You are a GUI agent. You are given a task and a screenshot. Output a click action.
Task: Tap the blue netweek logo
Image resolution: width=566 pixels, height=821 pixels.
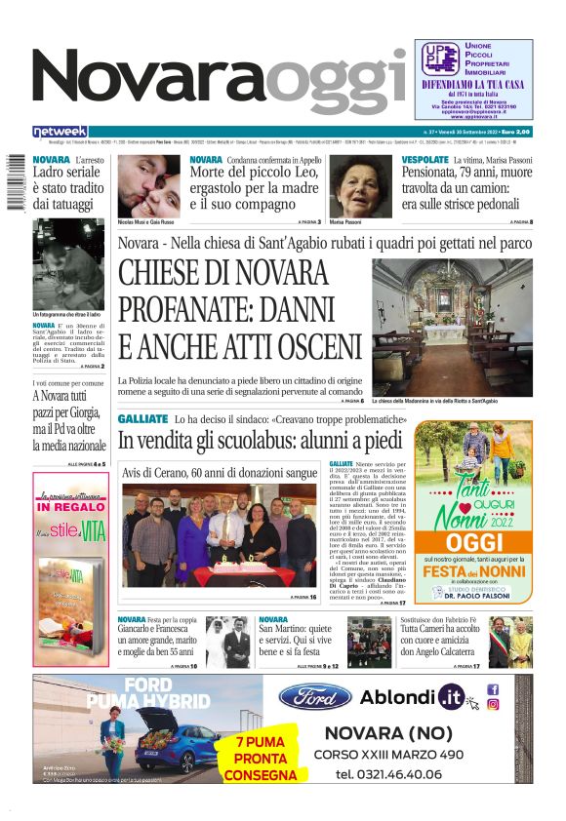point(60,131)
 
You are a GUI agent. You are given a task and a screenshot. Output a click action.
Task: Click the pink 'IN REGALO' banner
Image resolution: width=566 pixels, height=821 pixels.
point(71,507)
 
